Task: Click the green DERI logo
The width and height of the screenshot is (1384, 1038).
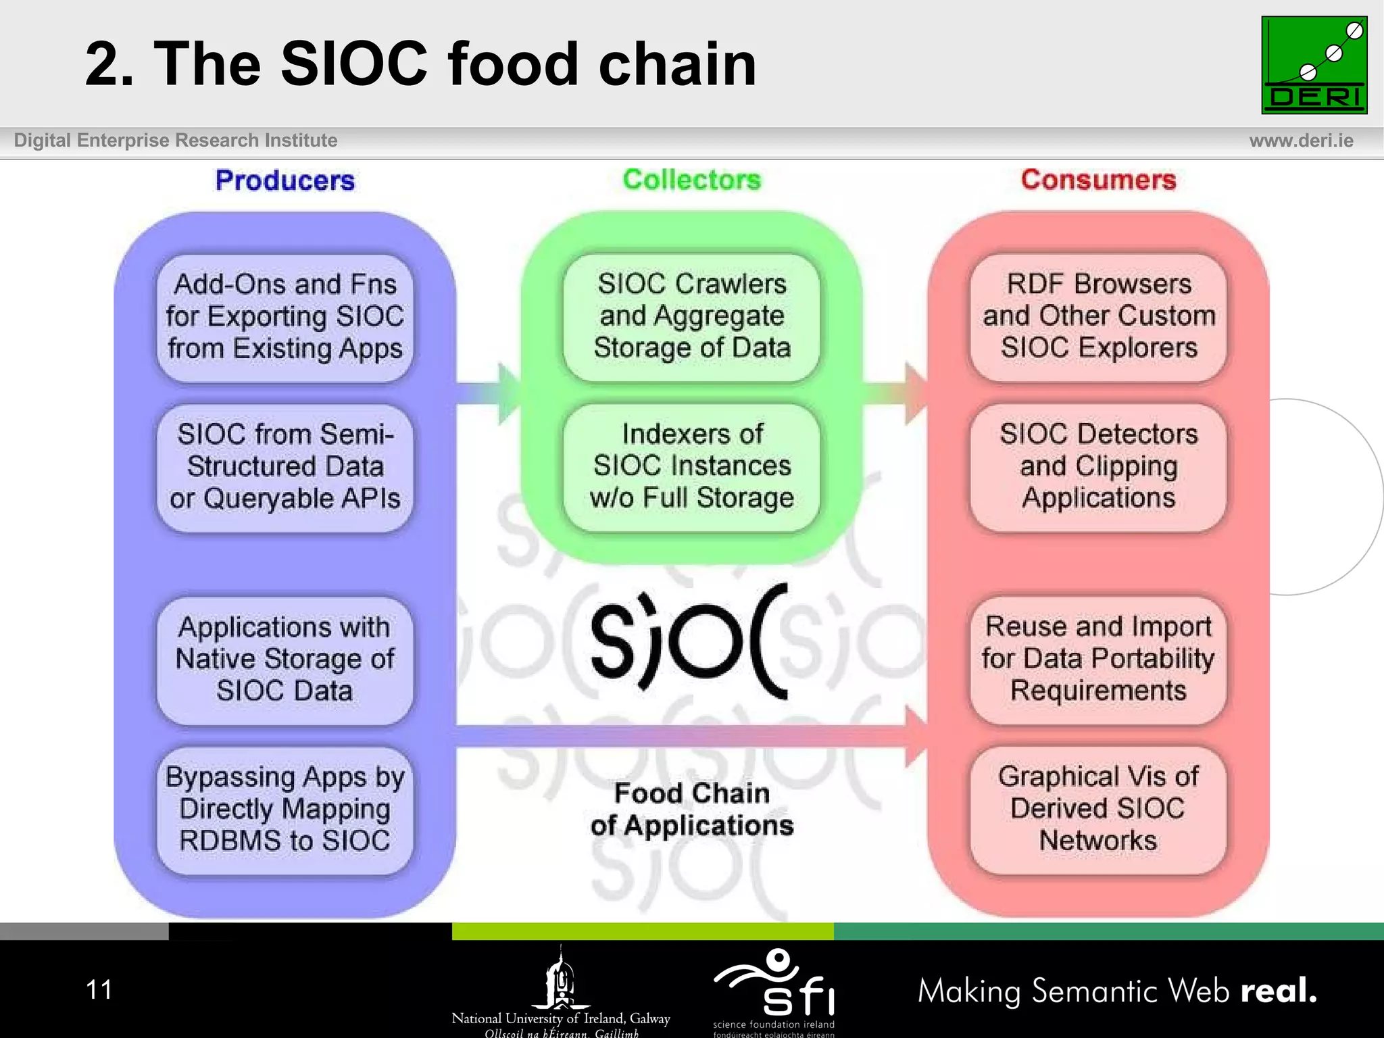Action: (x=1314, y=65)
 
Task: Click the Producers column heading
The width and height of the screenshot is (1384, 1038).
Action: (x=285, y=180)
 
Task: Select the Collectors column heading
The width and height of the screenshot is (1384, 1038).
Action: (x=691, y=180)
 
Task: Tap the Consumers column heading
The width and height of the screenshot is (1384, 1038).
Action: (x=1098, y=180)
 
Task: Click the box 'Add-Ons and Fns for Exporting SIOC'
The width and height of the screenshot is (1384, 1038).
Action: (x=285, y=317)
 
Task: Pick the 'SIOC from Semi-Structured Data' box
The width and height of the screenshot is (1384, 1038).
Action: (x=285, y=467)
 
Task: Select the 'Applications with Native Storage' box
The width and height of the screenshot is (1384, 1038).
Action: (x=285, y=660)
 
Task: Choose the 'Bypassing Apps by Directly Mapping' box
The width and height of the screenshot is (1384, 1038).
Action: (x=285, y=810)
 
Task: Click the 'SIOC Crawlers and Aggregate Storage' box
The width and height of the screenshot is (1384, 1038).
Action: (x=691, y=316)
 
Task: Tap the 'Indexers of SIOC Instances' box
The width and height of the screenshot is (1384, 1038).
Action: (x=691, y=466)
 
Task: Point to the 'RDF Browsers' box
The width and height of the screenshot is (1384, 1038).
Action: (x=1098, y=316)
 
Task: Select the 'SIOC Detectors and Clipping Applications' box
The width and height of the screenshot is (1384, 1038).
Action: (x=1098, y=466)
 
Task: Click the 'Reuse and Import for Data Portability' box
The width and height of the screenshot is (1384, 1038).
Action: (x=1098, y=659)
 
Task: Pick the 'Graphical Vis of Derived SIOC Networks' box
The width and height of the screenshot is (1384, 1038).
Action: (x=1098, y=809)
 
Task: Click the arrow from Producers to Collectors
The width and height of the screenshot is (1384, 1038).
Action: (x=490, y=394)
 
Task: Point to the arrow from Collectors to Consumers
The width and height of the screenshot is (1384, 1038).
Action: (x=895, y=394)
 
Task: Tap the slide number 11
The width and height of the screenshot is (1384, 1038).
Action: (x=99, y=990)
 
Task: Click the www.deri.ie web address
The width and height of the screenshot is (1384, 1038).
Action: (x=1301, y=141)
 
